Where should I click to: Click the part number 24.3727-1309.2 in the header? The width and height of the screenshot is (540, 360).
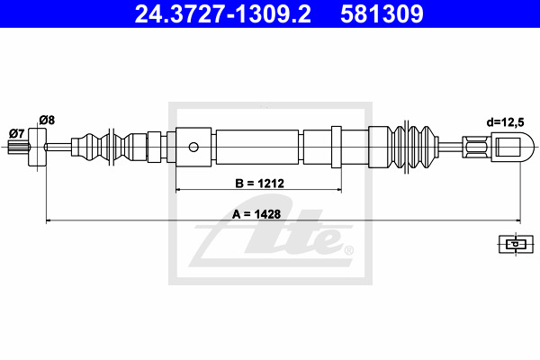click(223, 14)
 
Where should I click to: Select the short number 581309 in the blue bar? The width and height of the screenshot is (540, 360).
click(382, 14)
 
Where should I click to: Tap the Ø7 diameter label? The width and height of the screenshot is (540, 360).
click(17, 133)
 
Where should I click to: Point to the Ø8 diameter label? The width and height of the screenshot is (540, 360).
click(47, 120)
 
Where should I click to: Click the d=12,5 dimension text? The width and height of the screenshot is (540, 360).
click(505, 122)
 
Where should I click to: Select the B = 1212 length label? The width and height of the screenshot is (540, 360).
click(260, 184)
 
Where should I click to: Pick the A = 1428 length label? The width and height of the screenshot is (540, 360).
click(256, 214)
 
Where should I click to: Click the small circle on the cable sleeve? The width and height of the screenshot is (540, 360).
click(193, 147)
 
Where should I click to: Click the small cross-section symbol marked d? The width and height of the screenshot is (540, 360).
click(516, 244)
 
